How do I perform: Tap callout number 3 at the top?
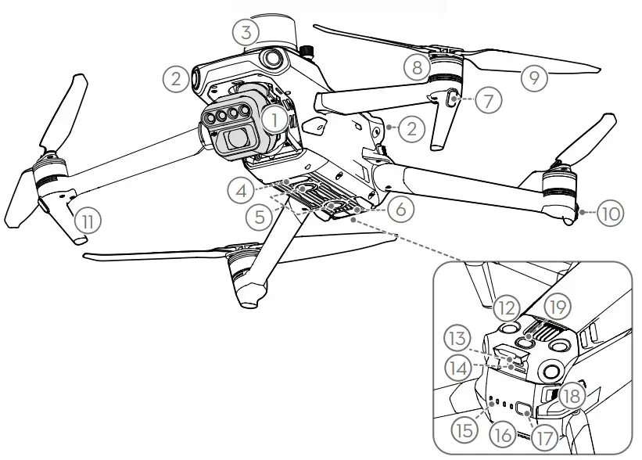pyautogui.click(x=246, y=32)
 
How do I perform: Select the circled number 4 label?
pyautogui.click(x=242, y=190)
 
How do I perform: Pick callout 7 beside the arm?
pyautogui.click(x=488, y=101)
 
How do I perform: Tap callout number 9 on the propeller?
pyautogui.click(x=534, y=76)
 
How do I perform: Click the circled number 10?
pyautogui.click(x=609, y=211)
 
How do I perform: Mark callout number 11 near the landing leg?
pyautogui.click(x=88, y=221)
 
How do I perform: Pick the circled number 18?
pyautogui.click(x=573, y=397)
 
